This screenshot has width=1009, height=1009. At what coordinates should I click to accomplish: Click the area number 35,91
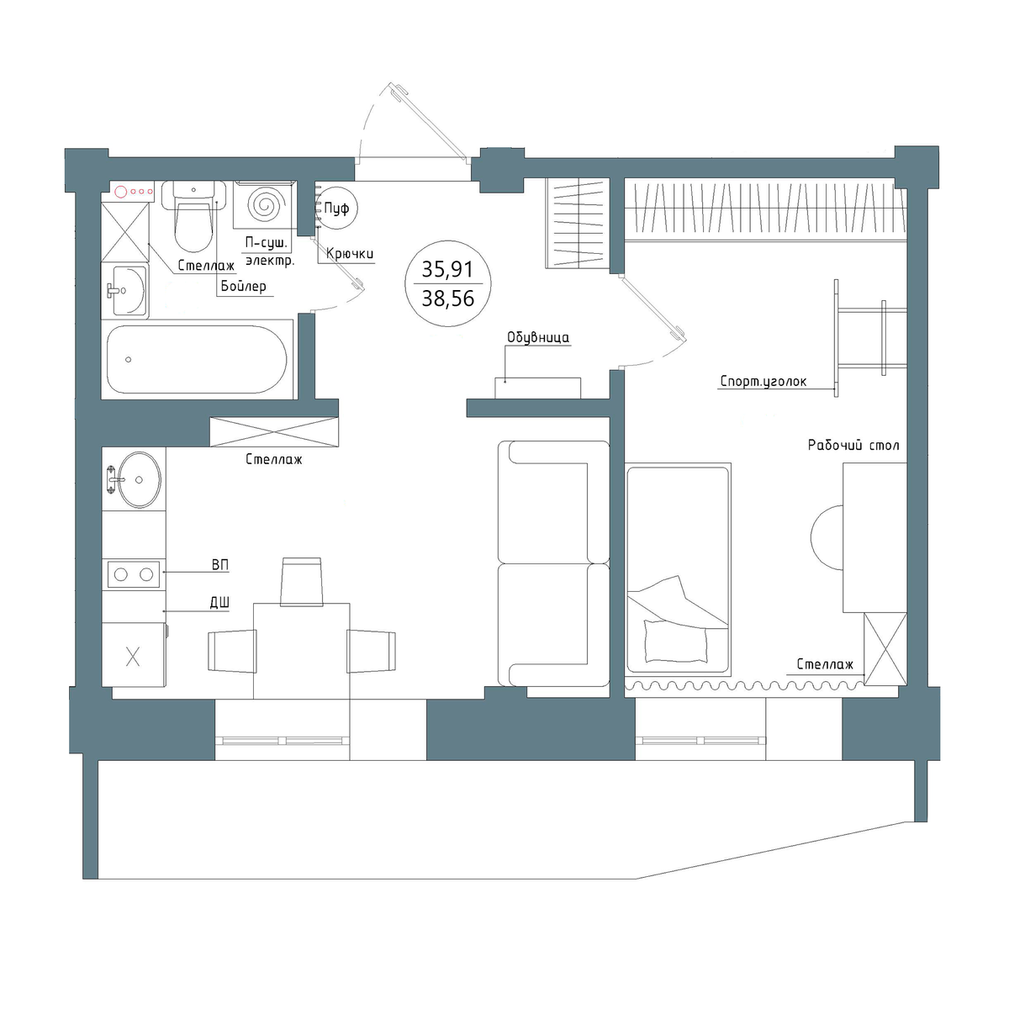(x=447, y=270)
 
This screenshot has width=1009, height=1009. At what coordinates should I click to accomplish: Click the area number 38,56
(x=447, y=299)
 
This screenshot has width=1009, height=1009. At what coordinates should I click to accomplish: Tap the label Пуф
(x=336, y=209)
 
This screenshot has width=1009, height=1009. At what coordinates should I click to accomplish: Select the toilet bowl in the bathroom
(x=193, y=216)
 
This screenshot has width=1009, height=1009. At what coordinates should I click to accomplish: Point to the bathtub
(x=197, y=359)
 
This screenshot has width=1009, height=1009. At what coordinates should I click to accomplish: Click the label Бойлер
(x=244, y=287)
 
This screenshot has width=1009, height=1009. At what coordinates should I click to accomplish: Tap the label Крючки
(x=350, y=254)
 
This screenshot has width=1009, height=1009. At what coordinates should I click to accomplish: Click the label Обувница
(x=538, y=338)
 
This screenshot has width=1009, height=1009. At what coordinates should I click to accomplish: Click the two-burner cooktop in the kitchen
(x=134, y=574)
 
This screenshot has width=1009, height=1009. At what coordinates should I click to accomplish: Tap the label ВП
(x=220, y=565)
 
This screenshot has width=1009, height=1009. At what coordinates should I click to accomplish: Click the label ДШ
(x=220, y=603)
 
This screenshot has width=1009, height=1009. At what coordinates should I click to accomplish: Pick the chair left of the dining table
(x=232, y=651)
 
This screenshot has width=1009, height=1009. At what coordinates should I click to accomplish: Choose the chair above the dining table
(x=302, y=581)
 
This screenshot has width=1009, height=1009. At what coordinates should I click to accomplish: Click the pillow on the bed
(x=675, y=641)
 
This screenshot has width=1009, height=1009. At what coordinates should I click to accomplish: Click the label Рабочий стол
(x=853, y=446)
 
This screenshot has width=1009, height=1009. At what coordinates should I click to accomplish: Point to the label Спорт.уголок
(x=763, y=381)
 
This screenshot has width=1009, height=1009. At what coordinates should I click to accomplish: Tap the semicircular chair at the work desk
(x=827, y=537)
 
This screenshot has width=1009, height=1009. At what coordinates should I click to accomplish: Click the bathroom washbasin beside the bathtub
(x=126, y=291)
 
